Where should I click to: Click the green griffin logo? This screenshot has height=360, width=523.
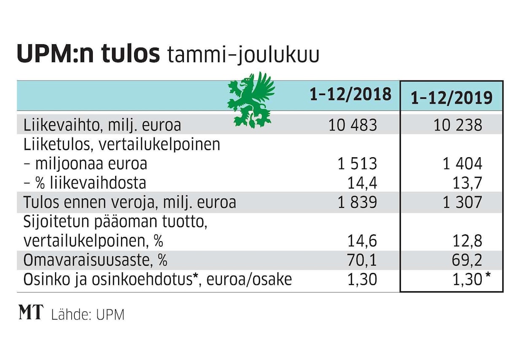pos(250,100)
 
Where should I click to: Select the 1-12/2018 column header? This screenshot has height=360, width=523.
pos(350,94)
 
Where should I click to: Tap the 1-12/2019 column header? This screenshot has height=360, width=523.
pos(451,98)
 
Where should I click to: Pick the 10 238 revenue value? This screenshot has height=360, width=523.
pos(458,125)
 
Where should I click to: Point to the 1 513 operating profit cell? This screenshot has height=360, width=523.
pos(357,164)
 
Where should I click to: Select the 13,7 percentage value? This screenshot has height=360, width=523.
pos(466,183)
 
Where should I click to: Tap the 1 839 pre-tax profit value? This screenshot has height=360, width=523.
pos(357,202)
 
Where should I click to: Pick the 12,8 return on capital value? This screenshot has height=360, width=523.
pos(466,241)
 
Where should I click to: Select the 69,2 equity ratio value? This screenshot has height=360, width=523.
pos(466,261)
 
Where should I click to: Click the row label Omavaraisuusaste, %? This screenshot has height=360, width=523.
pos(95,261)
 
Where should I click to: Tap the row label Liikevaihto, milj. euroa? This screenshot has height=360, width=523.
pos(102,125)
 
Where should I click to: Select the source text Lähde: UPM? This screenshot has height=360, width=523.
pos(88,314)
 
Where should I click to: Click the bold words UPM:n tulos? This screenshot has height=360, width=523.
pos(89,55)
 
